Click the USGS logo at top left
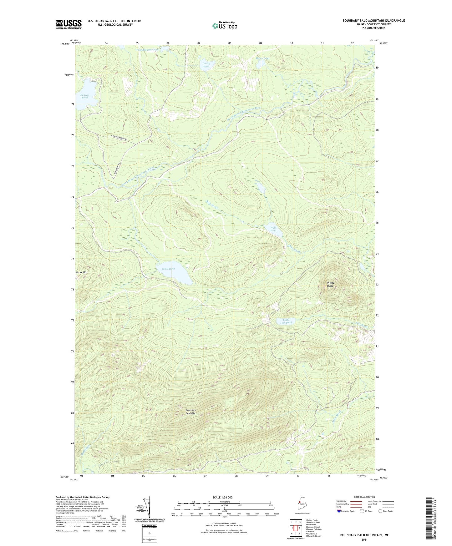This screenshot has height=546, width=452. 69,24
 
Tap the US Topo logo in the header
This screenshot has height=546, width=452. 225,26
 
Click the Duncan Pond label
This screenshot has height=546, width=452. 84,96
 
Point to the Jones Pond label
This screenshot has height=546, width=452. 168,269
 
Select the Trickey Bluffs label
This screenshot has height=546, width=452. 330,284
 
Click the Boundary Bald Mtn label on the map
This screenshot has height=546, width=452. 190,412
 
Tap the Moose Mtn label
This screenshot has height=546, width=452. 82,272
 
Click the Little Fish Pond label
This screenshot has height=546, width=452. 286,321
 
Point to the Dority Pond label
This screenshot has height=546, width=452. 206,65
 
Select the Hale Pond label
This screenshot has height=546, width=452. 273,229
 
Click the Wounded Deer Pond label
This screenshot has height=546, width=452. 147,50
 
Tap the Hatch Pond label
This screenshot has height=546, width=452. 262,58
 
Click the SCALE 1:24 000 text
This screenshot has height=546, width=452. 222,497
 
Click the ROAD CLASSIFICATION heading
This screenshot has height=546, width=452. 364,497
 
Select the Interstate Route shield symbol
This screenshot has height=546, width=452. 339,511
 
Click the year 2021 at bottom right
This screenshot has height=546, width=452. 364,539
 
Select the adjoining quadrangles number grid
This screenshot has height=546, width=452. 296,528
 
